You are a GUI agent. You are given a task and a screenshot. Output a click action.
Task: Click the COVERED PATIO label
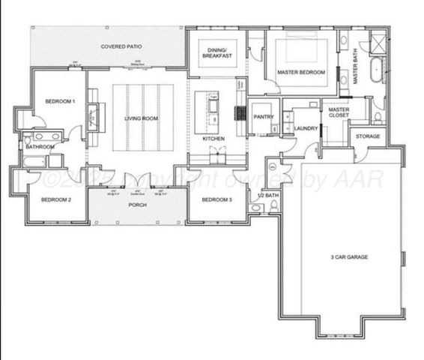121,46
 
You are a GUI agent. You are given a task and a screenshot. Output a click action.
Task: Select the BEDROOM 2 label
55,199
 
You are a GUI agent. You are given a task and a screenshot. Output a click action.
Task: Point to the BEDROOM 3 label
215,199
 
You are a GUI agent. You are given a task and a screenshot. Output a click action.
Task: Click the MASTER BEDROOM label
300,72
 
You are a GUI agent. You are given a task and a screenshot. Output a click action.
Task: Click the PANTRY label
262,117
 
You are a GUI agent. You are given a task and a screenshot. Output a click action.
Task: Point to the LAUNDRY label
306,128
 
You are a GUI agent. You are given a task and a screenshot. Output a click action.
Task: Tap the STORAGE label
367,136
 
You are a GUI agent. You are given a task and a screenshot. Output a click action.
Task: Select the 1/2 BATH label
267,196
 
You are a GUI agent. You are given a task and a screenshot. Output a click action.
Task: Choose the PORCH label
137,205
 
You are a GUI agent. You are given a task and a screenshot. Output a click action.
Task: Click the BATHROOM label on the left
39,147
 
